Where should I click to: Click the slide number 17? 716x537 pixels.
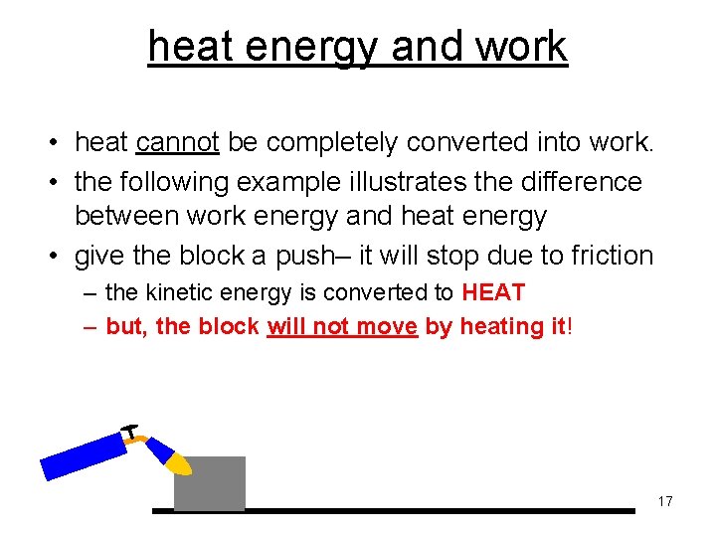click(x=665, y=501)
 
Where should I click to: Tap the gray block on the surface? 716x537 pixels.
click(x=210, y=482)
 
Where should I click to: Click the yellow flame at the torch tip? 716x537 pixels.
click(x=178, y=463)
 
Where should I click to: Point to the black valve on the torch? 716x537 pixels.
click(x=130, y=430)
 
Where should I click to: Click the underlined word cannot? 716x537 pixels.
click(x=178, y=143)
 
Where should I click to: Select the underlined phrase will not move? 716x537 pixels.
click(x=342, y=326)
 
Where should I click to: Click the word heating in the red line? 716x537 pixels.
click(x=496, y=326)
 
